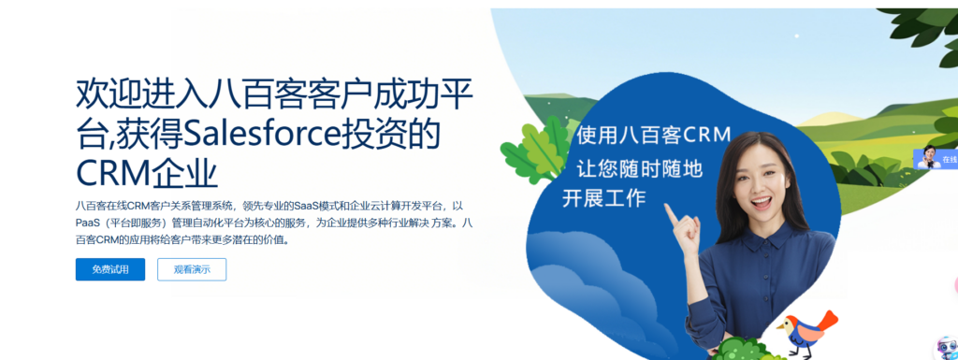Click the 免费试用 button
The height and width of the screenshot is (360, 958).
click(x=110, y=269)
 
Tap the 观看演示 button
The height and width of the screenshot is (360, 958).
click(x=192, y=269)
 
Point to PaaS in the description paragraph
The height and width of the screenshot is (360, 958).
click(x=91, y=222)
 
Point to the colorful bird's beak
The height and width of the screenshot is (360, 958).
click(x=778, y=326)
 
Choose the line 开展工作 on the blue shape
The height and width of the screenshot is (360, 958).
click(x=603, y=198)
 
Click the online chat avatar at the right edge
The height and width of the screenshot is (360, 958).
click(x=928, y=157)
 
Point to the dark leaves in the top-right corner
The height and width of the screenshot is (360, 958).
click(x=922, y=28)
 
